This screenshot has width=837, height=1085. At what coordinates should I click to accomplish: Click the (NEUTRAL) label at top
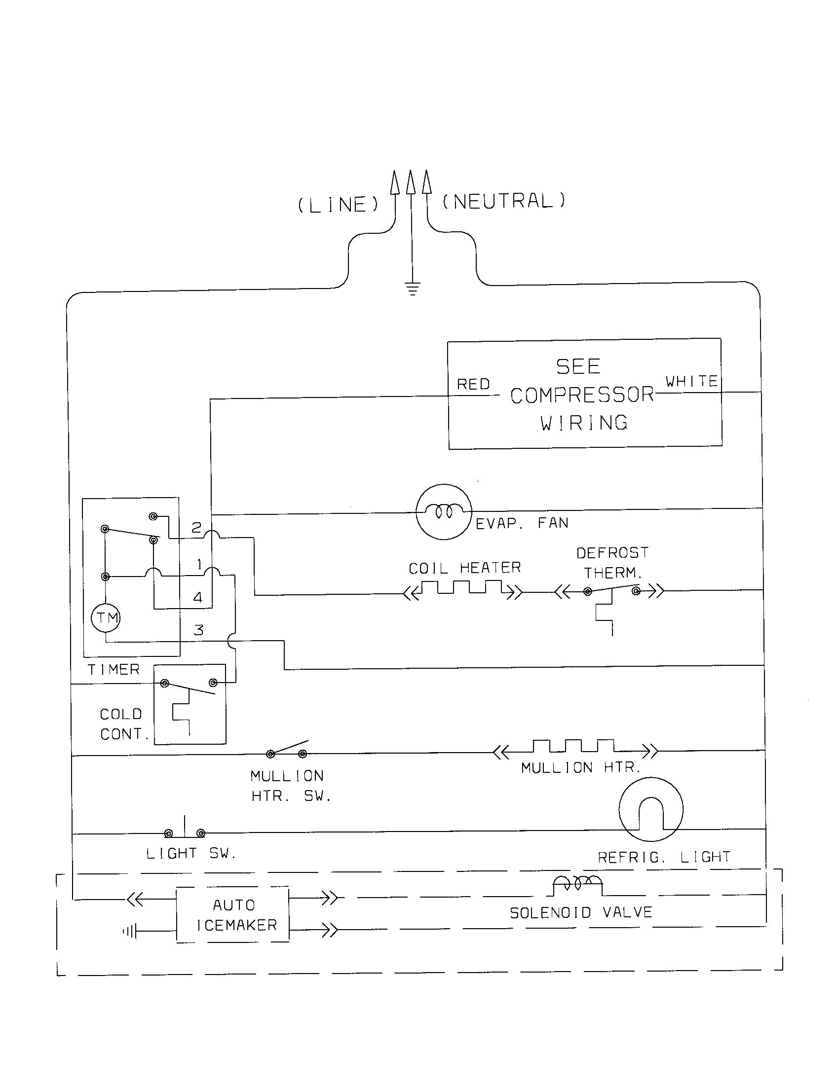coord(503,201)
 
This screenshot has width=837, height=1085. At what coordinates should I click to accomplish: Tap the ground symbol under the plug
coord(412,288)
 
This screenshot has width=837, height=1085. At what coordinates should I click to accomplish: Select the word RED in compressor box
coord(473,384)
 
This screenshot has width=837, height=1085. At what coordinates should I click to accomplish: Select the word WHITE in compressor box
coord(691,381)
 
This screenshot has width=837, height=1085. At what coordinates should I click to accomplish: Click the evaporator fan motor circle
coord(443,512)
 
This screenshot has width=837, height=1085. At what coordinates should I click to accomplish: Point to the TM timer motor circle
coord(106,618)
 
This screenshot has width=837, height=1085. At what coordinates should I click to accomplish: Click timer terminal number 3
coord(198,630)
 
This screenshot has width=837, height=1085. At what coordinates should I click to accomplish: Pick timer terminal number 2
coord(196,527)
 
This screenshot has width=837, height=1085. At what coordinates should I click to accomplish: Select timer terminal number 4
coord(198,597)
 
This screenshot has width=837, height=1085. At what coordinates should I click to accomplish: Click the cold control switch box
coord(190,704)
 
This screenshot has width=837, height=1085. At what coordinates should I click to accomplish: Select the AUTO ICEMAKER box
coord(232,914)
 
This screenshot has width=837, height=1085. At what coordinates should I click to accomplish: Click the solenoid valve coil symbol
coord(577,887)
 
